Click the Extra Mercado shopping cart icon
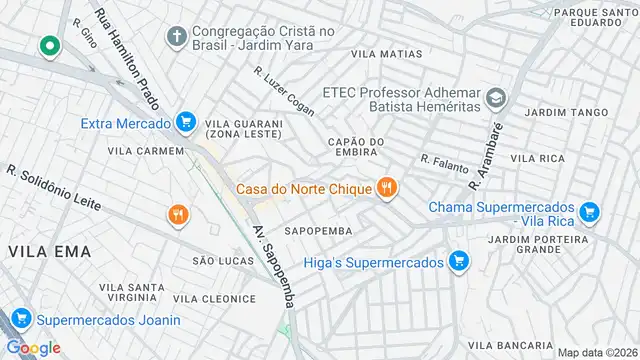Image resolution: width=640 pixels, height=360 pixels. [184, 123]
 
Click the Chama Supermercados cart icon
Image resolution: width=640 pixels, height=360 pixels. [589, 211]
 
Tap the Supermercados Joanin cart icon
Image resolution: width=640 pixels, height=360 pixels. [19, 320]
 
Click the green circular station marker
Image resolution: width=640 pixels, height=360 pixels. [47, 46]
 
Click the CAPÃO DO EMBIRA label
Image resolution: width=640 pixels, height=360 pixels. [354, 146]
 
